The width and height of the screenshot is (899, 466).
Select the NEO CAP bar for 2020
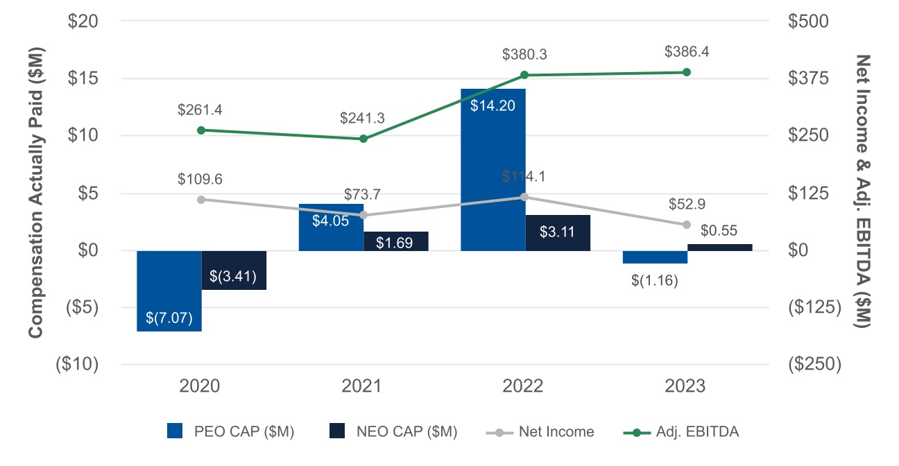tap(234, 270)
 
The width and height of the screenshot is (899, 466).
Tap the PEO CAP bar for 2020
tap(169, 291)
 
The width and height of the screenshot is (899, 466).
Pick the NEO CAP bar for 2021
tap(396, 241)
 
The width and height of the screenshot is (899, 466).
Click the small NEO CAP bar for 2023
tap(719, 248)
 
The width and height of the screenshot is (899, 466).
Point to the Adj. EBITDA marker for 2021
tap(363, 139)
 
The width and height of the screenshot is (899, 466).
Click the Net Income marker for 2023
tap(687, 225)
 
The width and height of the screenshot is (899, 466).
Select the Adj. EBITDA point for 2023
tap(687, 72)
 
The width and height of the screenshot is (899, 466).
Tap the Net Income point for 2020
tap(201, 200)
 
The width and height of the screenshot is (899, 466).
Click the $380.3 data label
tap(525, 54)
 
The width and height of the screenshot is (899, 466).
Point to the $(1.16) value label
tap(655, 281)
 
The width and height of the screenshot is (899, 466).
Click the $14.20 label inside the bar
tap(493, 107)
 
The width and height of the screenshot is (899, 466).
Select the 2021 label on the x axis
tap(362, 386)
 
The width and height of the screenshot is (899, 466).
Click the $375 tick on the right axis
tap(809, 78)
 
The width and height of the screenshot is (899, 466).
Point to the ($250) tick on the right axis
tap(814, 364)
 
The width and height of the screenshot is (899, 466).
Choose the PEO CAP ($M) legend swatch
tap(176, 431)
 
